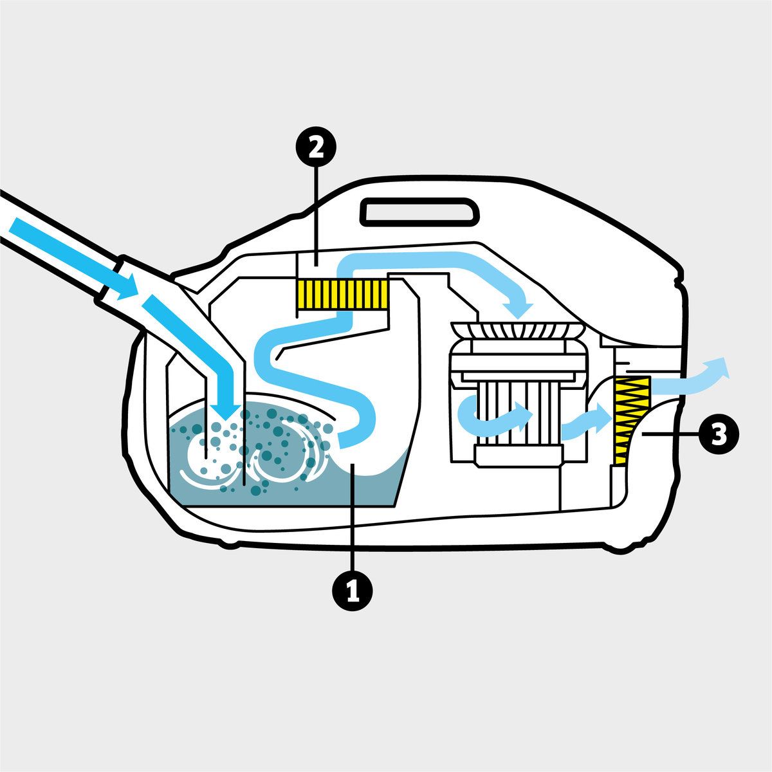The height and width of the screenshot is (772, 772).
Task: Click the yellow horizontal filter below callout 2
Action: coord(342,293)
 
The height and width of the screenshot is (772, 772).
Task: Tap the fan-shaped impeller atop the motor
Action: coord(519,331)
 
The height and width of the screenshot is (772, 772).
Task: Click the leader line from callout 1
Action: coord(352,515)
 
